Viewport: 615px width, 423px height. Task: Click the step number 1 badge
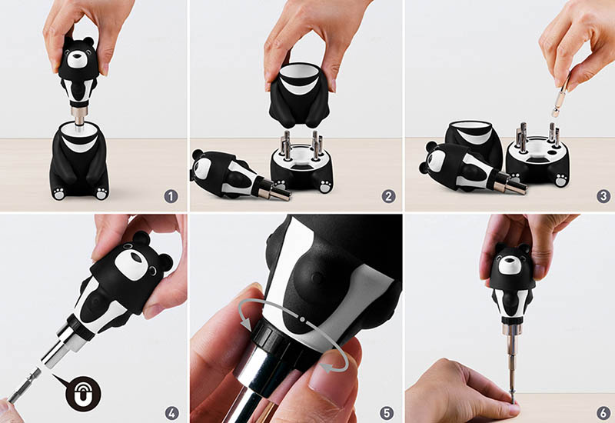[x=171, y=196]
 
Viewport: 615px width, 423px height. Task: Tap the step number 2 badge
[x=388, y=196]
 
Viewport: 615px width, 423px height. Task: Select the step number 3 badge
[x=603, y=196]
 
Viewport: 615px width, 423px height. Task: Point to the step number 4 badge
[x=171, y=413]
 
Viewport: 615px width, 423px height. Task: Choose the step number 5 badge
[x=387, y=413]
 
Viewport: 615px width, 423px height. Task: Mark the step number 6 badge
[x=603, y=413]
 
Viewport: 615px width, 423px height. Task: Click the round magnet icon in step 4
[x=83, y=394]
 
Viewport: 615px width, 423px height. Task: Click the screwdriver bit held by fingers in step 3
[x=561, y=95]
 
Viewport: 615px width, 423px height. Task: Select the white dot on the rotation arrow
[x=302, y=319]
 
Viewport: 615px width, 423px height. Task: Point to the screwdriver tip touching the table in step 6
[x=512, y=401]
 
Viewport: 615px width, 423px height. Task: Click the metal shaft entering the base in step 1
[x=79, y=119]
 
